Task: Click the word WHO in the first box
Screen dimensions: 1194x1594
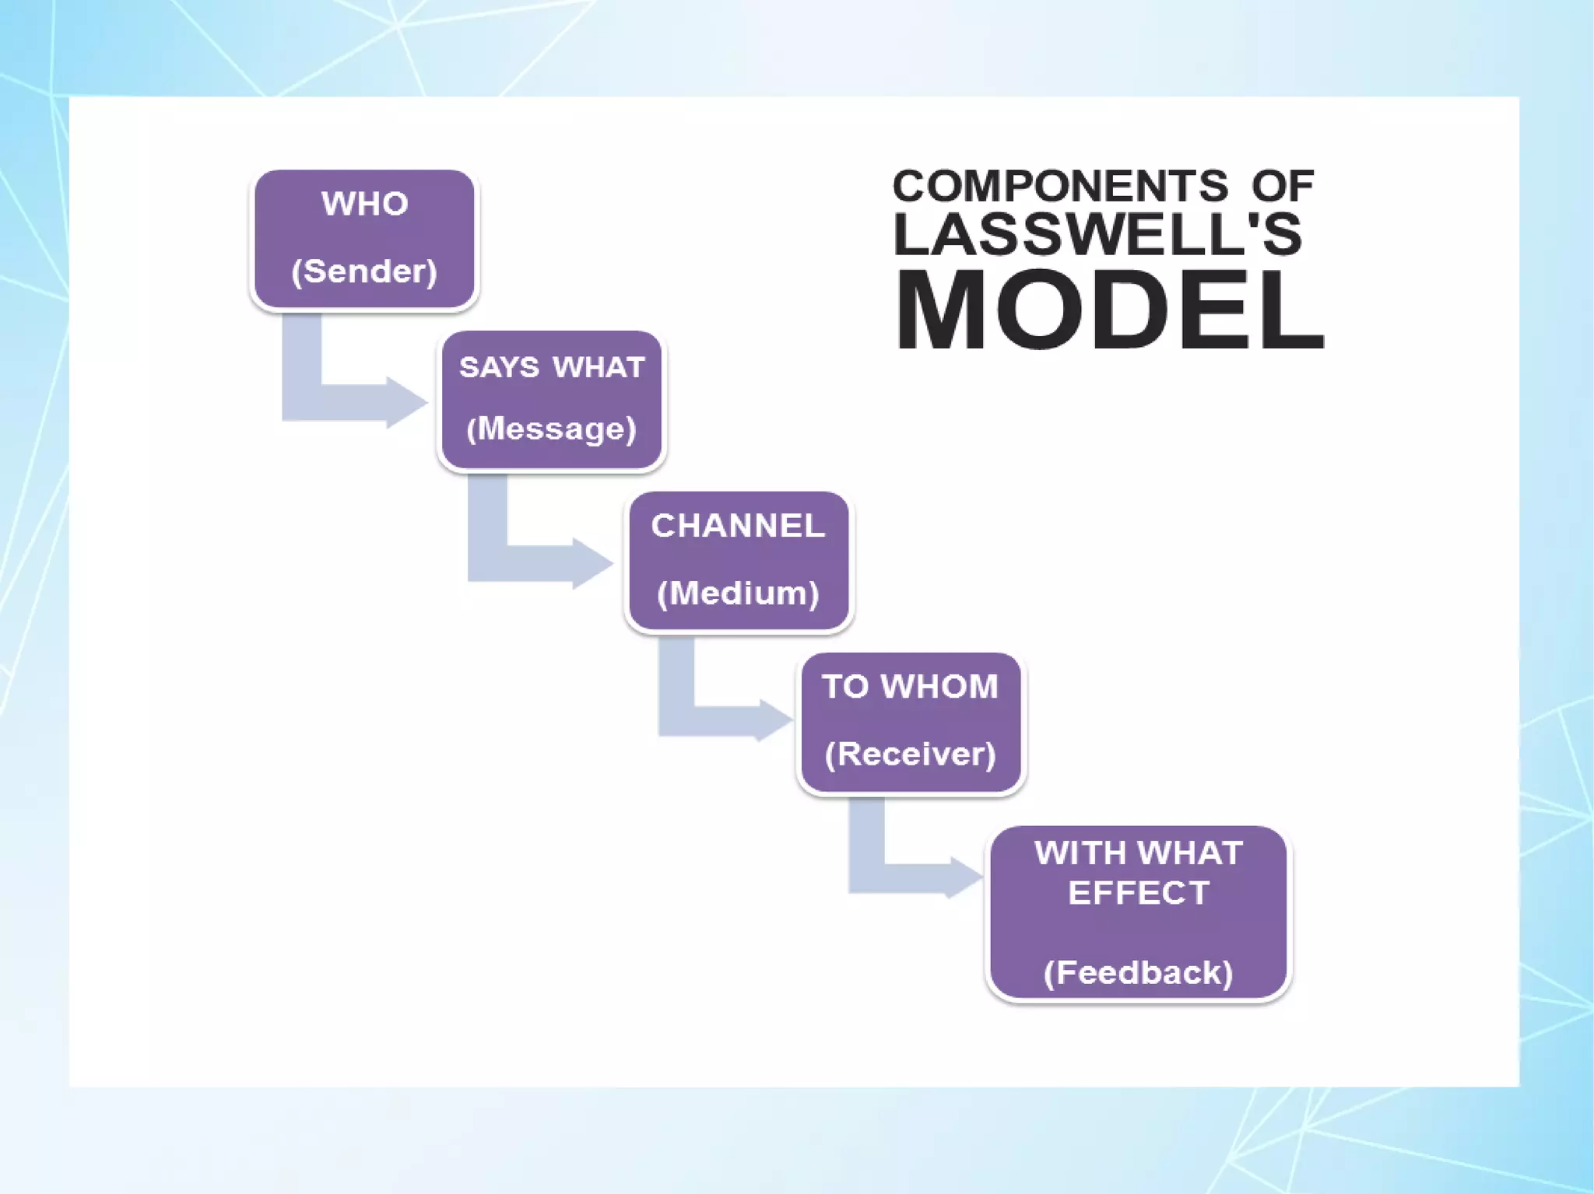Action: pos(364,204)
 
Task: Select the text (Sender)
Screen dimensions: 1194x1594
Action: pos(364,271)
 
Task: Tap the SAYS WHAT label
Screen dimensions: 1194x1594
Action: pos(552,367)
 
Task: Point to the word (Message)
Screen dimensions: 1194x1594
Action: pos(551,429)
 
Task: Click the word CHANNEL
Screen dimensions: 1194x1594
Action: pos(738,526)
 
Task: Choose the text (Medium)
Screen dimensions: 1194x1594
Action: pos(738,593)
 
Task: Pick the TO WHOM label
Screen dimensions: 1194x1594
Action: pos(910,687)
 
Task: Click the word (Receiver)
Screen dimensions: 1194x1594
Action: pos(910,754)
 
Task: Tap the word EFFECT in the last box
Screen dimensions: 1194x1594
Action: pos(1139,893)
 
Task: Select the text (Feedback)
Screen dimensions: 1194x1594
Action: pos(1138,972)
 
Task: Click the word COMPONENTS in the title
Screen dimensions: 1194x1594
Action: pos(1059,186)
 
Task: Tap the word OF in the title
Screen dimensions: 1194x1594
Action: pos(1283,186)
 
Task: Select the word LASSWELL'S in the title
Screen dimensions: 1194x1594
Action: pos(1097,234)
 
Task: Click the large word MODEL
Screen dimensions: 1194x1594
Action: pos(1109,310)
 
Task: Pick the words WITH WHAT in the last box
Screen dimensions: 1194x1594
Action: pos(1139,853)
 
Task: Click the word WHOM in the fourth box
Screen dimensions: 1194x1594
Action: pos(939,687)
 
